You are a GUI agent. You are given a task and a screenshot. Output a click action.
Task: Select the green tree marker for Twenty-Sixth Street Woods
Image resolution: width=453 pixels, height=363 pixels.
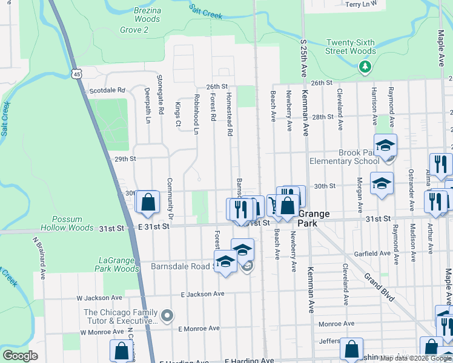(x=365, y=67)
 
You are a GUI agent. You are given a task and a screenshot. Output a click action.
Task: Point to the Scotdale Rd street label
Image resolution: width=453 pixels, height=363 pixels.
(x=107, y=90)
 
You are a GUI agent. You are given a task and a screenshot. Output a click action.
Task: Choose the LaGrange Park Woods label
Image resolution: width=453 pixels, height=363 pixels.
(x=118, y=264)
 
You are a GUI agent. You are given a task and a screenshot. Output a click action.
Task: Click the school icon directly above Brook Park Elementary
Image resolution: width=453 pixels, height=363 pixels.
(x=385, y=145)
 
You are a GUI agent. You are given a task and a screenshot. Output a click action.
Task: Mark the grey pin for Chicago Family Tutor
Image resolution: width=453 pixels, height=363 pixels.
(x=168, y=315)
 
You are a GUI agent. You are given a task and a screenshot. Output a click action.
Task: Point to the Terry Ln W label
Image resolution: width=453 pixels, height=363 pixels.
(x=365, y=4)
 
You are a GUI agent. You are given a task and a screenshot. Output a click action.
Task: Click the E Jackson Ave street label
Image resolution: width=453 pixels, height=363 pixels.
(x=202, y=294)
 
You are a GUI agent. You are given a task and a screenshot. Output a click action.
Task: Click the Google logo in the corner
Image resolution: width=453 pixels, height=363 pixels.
(x=20, y=356)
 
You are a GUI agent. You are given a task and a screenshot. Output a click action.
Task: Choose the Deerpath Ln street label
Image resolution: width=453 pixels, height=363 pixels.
(x=147, y=105)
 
